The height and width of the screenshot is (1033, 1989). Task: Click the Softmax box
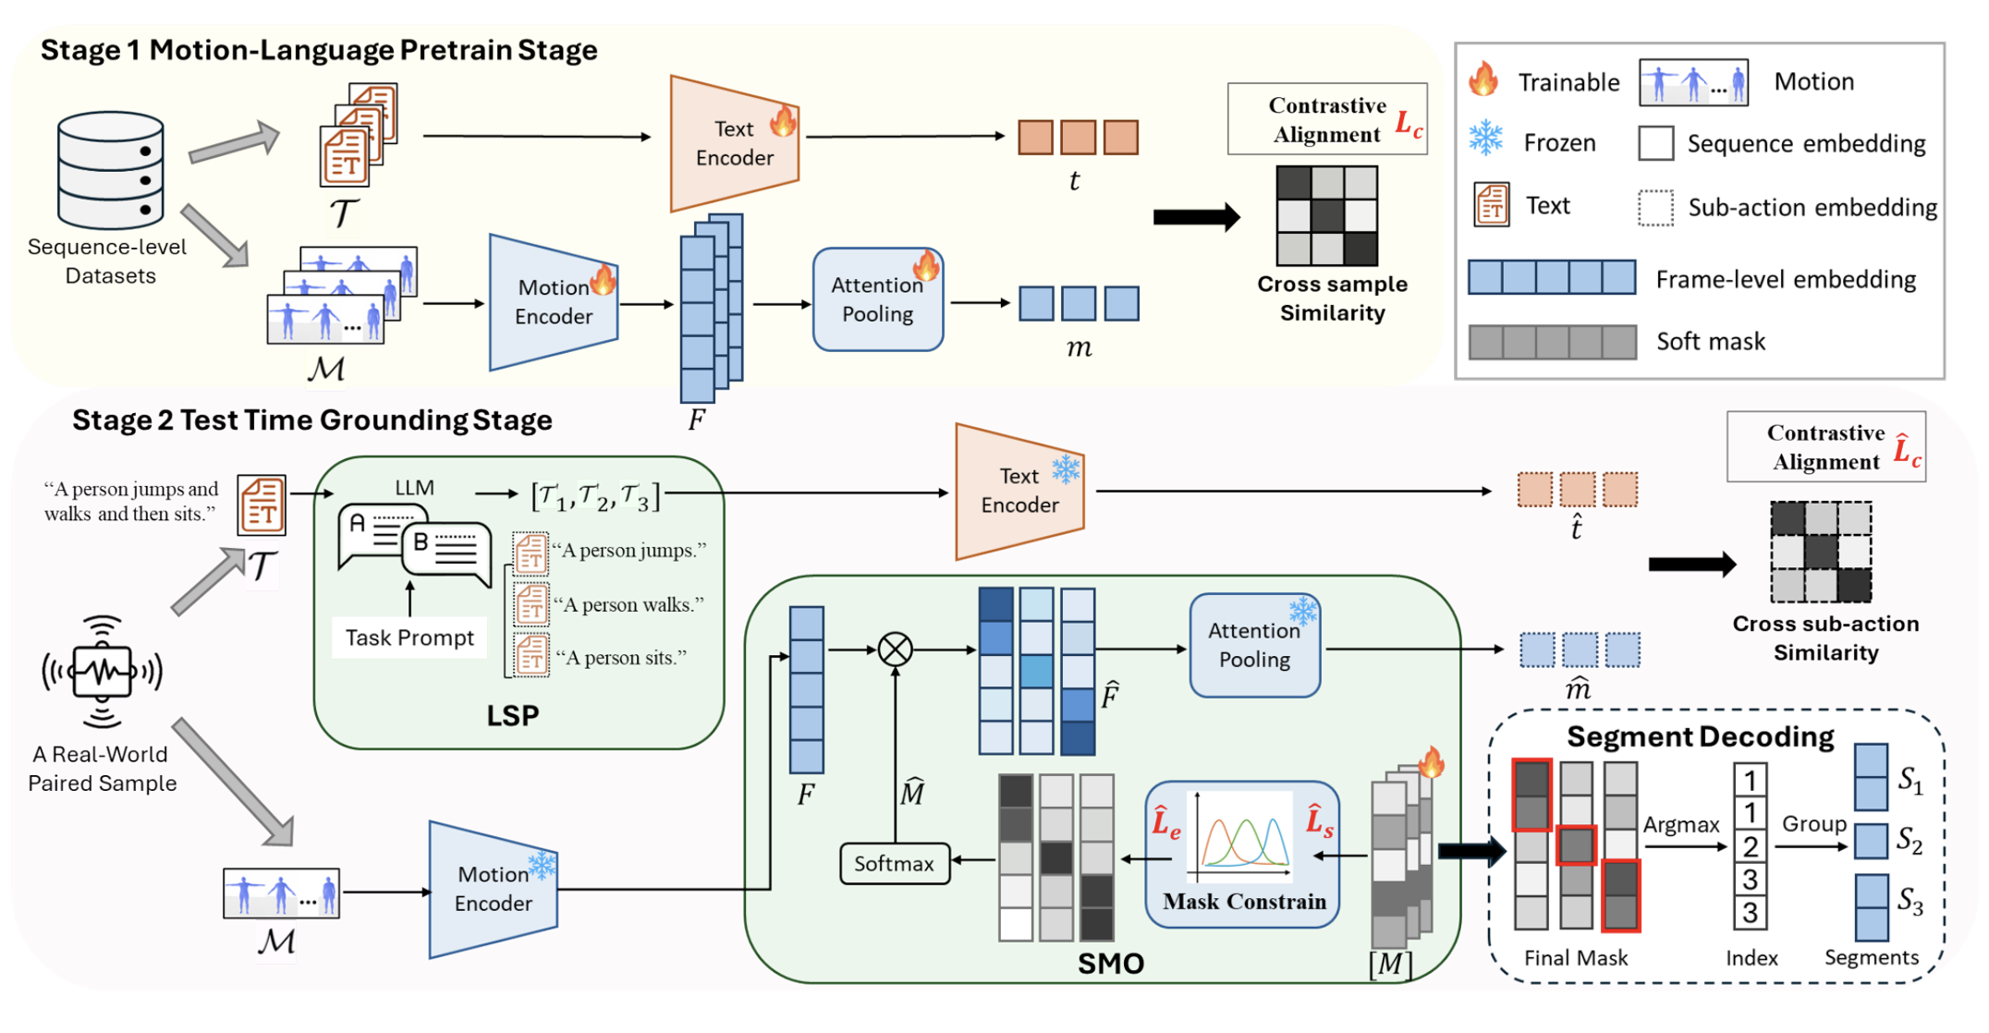click(894, 864)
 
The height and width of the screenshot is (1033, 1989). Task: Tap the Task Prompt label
click(409, 638)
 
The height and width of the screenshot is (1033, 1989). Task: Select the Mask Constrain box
click(1241, 854)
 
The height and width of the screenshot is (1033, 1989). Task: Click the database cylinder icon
click(111, 170)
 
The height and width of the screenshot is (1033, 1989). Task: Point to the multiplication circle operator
click(895, 650)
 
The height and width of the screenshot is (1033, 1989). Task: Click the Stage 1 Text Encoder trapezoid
click(734, 143)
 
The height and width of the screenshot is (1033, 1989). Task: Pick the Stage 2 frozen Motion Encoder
click(494, 889)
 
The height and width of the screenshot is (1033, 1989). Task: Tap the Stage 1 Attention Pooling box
click(877, 299)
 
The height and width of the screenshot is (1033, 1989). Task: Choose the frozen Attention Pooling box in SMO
click(1254, 645)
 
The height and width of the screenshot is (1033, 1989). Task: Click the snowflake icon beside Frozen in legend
click(1486, 138)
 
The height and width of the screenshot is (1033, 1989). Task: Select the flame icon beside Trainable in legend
click(1484, 79)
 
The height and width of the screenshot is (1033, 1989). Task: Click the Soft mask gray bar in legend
click(1552, 342)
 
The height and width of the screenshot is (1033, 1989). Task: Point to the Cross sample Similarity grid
click(1326, 215)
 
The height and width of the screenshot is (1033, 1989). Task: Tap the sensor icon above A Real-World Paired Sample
click(102, 672)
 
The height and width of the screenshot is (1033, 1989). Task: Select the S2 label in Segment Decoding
click(1910, 840)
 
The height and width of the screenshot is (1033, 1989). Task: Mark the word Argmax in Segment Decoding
click(1680, 824)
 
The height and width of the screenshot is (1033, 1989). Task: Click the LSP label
click(512, 715)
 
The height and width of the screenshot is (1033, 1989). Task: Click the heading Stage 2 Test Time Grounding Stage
click(312, 420)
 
